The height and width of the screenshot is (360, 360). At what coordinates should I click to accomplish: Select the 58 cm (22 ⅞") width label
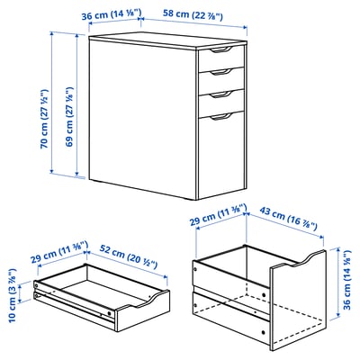(x=193, y=15)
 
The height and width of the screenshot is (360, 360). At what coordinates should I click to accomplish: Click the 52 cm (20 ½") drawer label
(x=130, y=253)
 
